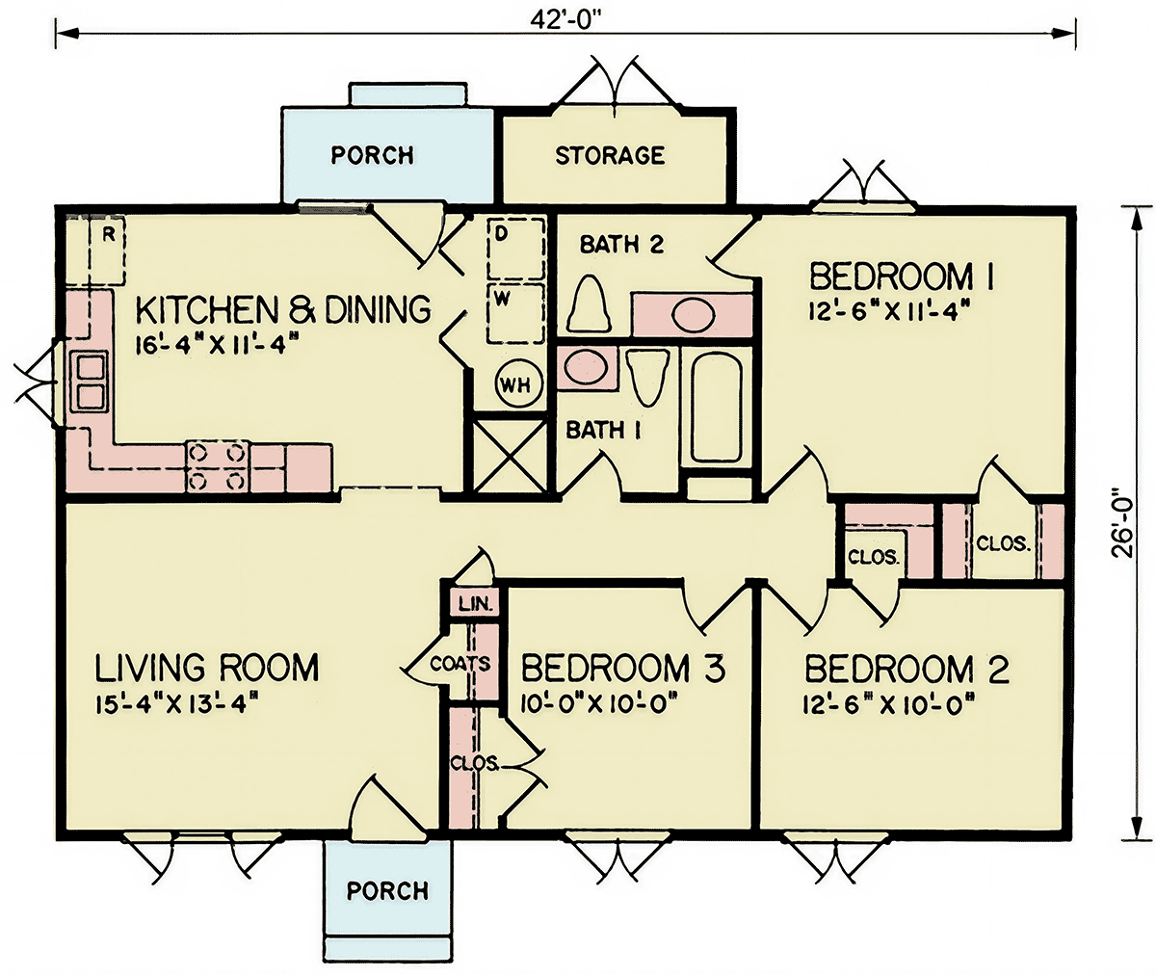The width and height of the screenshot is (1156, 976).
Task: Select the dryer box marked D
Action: click(516, 249)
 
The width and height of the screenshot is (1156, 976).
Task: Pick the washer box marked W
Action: click(516, 313)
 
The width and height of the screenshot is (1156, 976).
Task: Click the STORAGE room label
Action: click(610, 156)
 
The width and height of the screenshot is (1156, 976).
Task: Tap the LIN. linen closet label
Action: click(476, 604)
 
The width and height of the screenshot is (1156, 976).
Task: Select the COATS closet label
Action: click(460, 664)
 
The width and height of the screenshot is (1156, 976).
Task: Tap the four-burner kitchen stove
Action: click(217, 466)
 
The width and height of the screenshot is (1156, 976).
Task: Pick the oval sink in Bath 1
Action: click(585, 367)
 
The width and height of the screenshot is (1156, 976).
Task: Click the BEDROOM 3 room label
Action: click(623, 668)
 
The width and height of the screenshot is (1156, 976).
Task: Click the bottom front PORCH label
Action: click(387, 890)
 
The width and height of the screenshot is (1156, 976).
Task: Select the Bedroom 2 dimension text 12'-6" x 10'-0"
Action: click(888, 705)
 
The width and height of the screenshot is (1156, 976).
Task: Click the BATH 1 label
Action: click(603, 430)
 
